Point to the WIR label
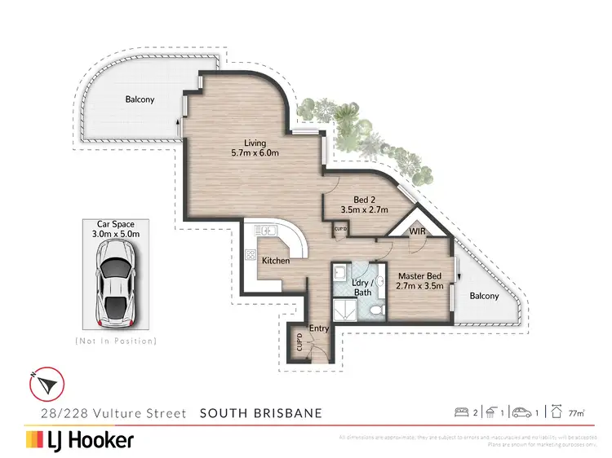pyautogui.click(x=418, y=232)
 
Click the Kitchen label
pyautogui.click(x=276, y=261)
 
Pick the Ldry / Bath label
pyautogui.click(x=362, y=287)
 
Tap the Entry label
pyautogui.click(x=318, y=328)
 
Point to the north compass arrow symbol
pyautogui.click(x=45, y=381)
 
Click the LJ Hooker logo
pyautogui.click(x=80, y=440)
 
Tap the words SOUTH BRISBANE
pyautogui.click(x=261, y=413)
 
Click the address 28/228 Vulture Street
pyautogui.click(x=107, y=413)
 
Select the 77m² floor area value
pyautogui.click(x=578, y=413)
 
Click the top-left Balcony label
pyautogui.click(x=140, y=99)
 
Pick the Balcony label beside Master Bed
pyautogui.click(x=483, y=296)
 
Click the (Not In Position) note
pyautogui.click(x=115, y=340)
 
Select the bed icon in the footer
pyautogui.click(x=462, y=412)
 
